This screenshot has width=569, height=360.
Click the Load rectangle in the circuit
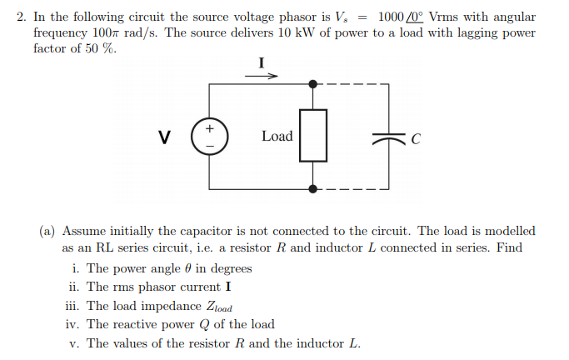coord(312,136)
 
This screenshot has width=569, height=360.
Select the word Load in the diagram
coord(277,136)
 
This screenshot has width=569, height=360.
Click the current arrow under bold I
coord(261,75)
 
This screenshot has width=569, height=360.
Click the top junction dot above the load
coord(312,84)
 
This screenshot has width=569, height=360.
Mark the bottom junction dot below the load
coord(312,188)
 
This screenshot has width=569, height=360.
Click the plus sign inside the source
coord(210,129)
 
